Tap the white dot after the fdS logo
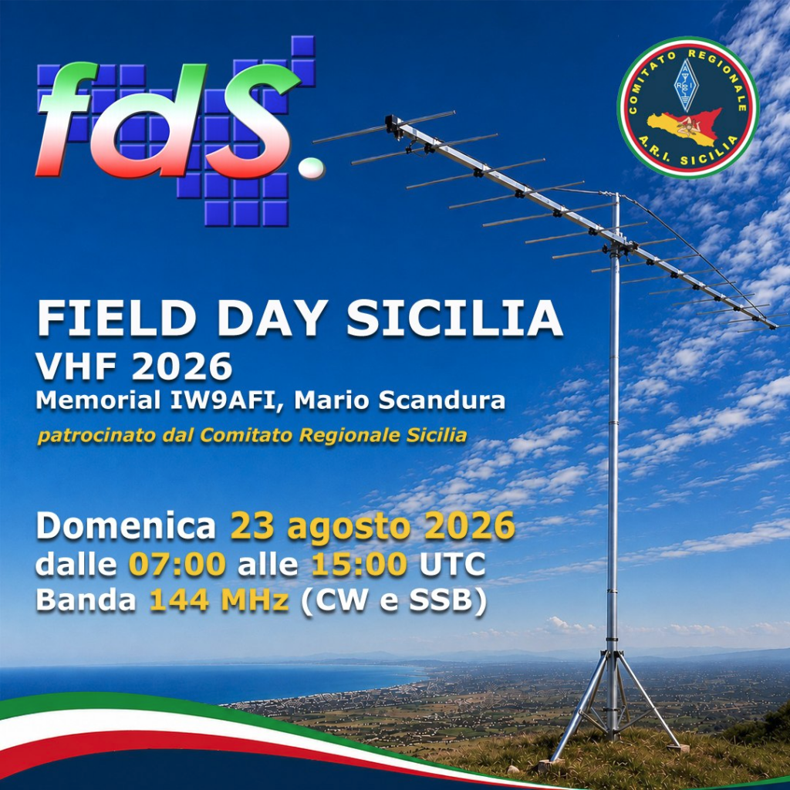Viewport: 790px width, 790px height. coord(312,167)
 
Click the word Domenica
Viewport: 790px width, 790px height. coord(126,526)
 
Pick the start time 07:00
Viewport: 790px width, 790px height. coord(177,564)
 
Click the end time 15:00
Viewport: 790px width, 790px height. coord(360,564)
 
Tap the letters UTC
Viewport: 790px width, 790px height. coord(452,564)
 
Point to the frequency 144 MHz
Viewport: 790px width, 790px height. coord(219,600)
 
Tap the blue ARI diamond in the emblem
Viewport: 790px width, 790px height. coord(684,85)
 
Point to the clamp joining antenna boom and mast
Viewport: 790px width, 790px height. coord(615,248)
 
